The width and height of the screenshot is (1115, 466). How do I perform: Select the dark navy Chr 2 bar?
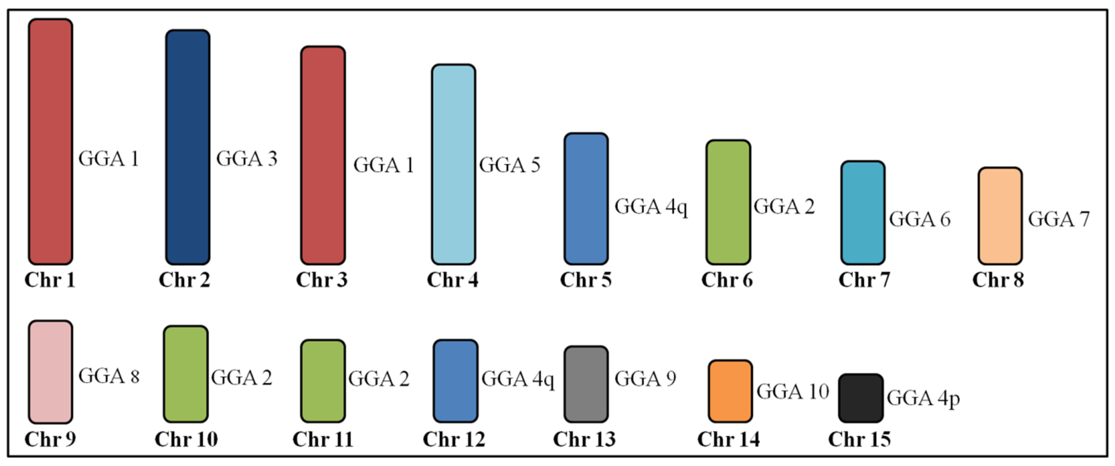[187, 147]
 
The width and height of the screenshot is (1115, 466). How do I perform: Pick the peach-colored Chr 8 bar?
[1000, 216]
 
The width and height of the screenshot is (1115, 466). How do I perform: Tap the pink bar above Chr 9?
[50, 372]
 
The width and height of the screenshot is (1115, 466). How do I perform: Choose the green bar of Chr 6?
[728, 202]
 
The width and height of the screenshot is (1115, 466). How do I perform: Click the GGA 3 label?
[247, 159]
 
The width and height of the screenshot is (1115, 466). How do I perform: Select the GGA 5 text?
[509, 165]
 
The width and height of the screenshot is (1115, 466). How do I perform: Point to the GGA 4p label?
[923, 399]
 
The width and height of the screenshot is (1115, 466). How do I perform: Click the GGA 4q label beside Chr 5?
[650, 207]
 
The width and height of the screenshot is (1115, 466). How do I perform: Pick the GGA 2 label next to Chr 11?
[379, 379]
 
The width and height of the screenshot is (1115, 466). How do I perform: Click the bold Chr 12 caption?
[454, 440]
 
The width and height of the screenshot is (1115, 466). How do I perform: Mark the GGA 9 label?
[645, 379]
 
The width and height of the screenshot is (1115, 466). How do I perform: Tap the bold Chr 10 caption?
[186, 440]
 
